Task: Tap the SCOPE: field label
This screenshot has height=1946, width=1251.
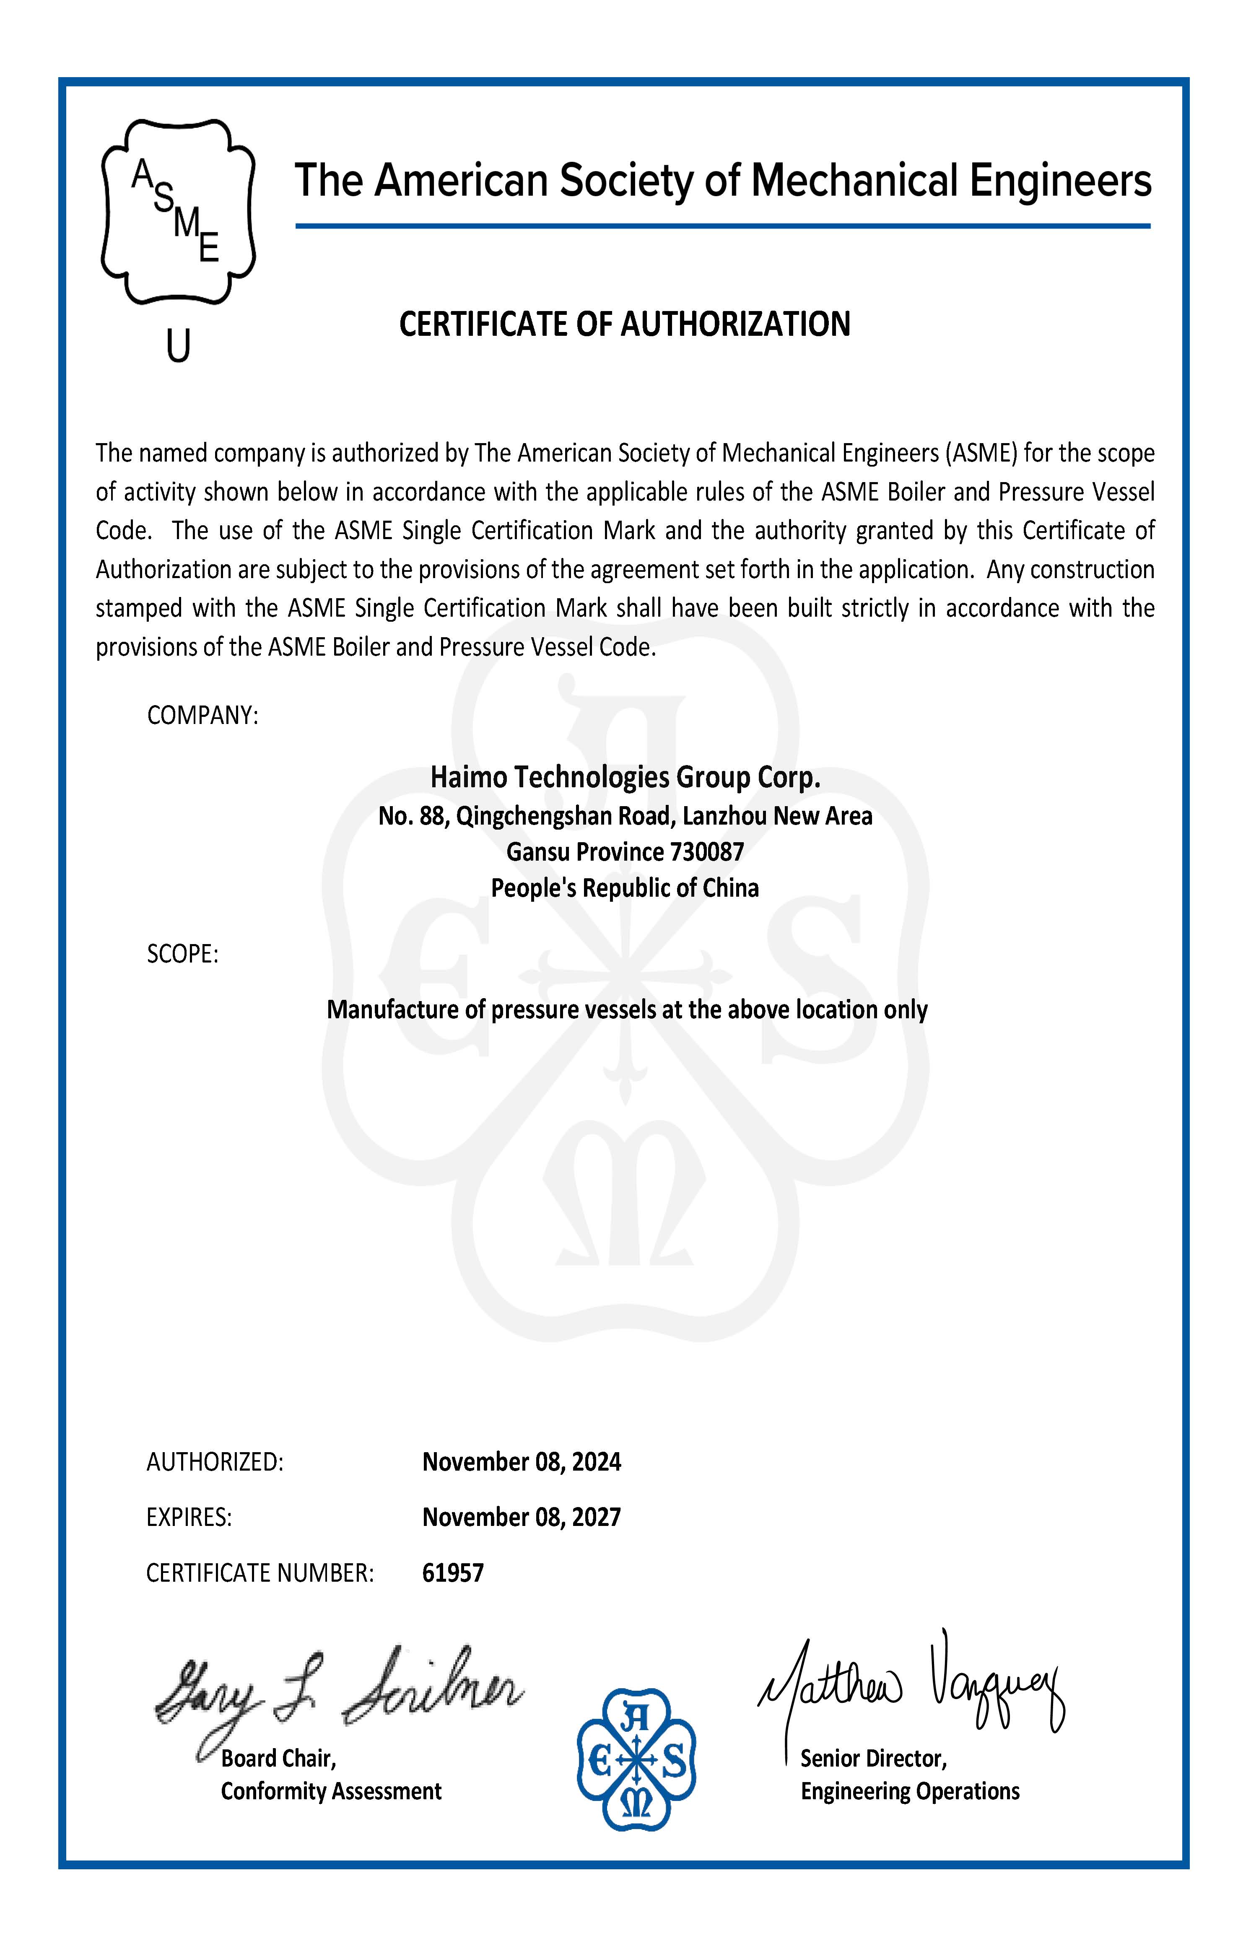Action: point(183,954)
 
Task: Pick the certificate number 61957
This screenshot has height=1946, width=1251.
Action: point(452,1573)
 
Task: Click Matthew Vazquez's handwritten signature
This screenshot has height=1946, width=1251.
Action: point(910,1685)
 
